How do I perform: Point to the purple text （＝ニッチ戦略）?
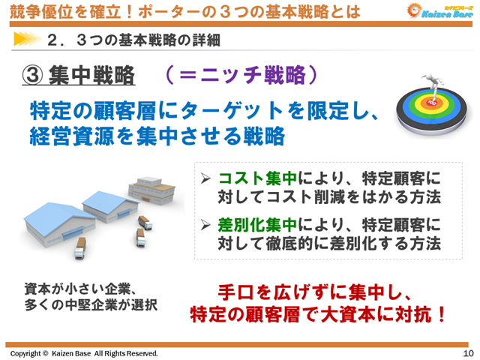236,75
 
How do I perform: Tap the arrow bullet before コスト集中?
207,179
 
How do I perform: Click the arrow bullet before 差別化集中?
207,226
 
